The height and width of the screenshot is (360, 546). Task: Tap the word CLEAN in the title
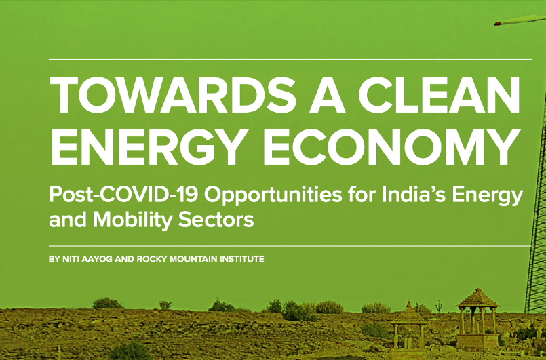[440, 96]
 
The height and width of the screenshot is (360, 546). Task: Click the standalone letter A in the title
[327, 96]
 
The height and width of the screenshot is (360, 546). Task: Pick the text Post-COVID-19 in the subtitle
[123, 195]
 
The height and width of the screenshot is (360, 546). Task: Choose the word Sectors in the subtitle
[216, 220]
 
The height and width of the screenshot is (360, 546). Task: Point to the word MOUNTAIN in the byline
[193, 259]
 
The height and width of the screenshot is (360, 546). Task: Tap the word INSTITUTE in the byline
[242, 259]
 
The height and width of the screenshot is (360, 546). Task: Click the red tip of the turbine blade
[498, 23]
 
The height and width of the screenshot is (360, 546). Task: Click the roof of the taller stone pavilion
[478, 299]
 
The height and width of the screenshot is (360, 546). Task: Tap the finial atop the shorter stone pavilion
[409, 306]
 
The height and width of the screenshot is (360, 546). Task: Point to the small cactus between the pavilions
[439, 306]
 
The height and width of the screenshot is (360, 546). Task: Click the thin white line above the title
[290, 60]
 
